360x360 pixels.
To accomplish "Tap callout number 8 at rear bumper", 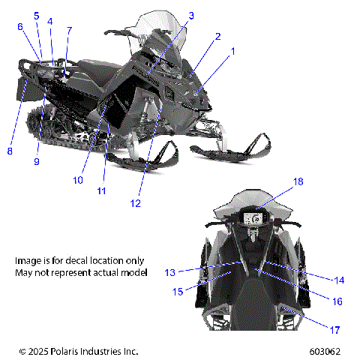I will [10, 151].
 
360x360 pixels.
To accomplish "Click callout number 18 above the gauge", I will [277, 181].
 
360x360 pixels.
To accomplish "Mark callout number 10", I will [77, 180].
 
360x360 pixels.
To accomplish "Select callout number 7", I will [69, 31].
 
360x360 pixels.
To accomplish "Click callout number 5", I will [36, 15].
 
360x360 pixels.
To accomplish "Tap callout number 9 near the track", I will [36, 161].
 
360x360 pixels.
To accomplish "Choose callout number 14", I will [339, 280].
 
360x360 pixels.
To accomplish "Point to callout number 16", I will [337, 301].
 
